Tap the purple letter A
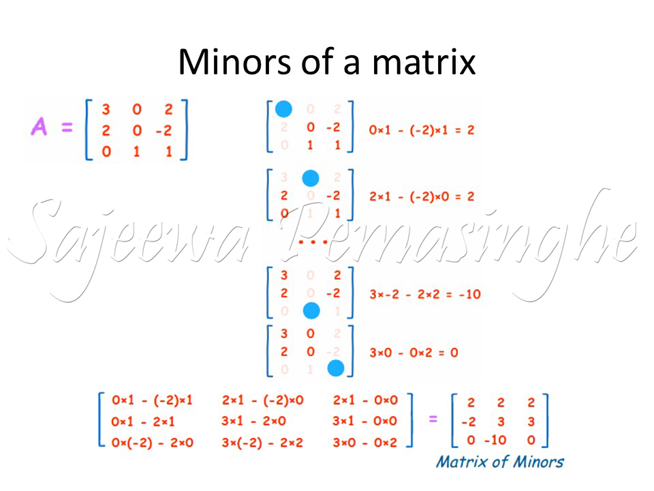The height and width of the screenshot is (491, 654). click(x=40, y=127)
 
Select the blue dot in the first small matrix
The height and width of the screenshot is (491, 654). click(x=283, y=109)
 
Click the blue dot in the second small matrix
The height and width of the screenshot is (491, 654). click(x=311, y=179)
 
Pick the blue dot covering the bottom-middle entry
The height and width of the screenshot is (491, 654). click(x=311, y=311)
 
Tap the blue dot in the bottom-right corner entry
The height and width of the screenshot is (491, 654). click(x=335, y=368)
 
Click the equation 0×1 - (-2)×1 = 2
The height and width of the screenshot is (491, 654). click(x=421, y=129)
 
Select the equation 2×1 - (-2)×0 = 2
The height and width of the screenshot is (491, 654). click(x=421, y=197)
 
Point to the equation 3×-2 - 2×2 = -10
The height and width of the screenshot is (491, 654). click(x=425, y=295)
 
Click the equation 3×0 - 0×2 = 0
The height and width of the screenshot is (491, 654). click(x=413, y=353)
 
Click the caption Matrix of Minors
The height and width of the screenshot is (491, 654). click(x=500, y=462)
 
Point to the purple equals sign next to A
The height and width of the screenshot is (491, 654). click(x=67, y=128)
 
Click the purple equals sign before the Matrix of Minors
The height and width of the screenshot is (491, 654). click(x=433, y=419)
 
